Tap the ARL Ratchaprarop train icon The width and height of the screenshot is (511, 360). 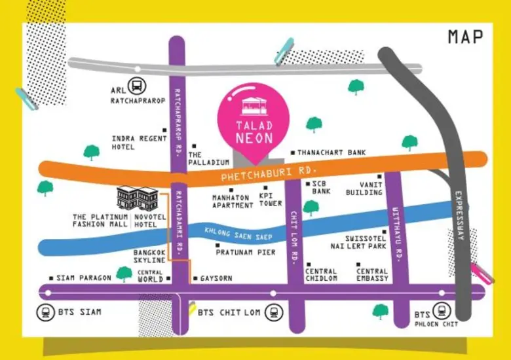pyautogui.click(x=138, y=85)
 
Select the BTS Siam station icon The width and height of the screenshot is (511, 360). pyautogui.click(x=46, y=312)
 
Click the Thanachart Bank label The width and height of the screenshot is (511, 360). pyautogui.click(x=331, y=153)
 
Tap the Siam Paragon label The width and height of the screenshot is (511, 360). pyautogui.click(x=83, y=278)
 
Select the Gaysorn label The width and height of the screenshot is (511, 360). pyautogui.click(x=216, y=278)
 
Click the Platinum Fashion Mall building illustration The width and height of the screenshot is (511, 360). pyautogui.click(x=138, y=197)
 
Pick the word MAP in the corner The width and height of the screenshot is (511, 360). pyautogui.click(x=465, y=37)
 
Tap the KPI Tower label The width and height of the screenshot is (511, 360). pyautogui.click(x=270, y=200)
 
